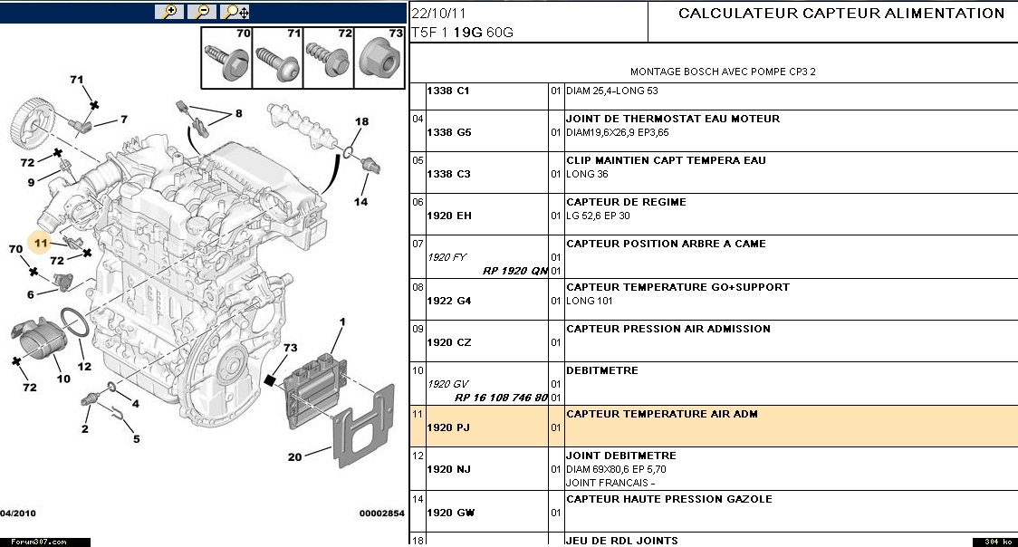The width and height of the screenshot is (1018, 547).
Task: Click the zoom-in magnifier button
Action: [168, 12]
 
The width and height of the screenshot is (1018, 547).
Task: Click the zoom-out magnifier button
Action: [202, 12]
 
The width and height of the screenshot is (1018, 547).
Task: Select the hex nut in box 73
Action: [381, 59]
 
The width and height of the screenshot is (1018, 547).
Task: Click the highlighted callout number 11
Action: [40, 243]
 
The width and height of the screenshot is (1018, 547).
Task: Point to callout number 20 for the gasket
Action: [294, 456]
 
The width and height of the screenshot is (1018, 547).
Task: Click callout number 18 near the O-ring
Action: [361, 121]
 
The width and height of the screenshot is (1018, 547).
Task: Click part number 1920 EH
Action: [449, 216]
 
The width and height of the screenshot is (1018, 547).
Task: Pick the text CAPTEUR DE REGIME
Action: [626, 202]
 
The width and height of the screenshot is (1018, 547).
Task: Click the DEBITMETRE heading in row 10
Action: [601, 370]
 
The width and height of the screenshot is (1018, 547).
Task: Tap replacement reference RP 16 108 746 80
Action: [501, 398]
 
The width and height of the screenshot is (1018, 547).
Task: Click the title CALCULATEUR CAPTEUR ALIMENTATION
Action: [841, 14]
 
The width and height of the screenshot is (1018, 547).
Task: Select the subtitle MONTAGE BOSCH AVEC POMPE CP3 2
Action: [715, 72]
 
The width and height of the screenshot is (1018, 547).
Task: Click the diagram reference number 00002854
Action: [381, 513]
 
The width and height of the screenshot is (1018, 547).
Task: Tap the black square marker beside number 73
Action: [269, 380]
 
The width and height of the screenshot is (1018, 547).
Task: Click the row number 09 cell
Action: [418, 329]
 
